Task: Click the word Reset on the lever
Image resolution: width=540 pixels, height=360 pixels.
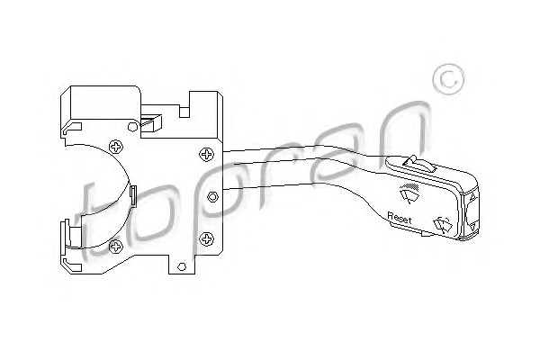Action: pos(398,216)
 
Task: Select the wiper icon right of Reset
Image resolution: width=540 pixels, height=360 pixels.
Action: pos(443,226)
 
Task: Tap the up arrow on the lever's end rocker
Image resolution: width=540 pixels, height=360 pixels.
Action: pos(472,198)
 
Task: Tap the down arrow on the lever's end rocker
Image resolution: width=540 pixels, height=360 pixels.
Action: pos(472,230)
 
